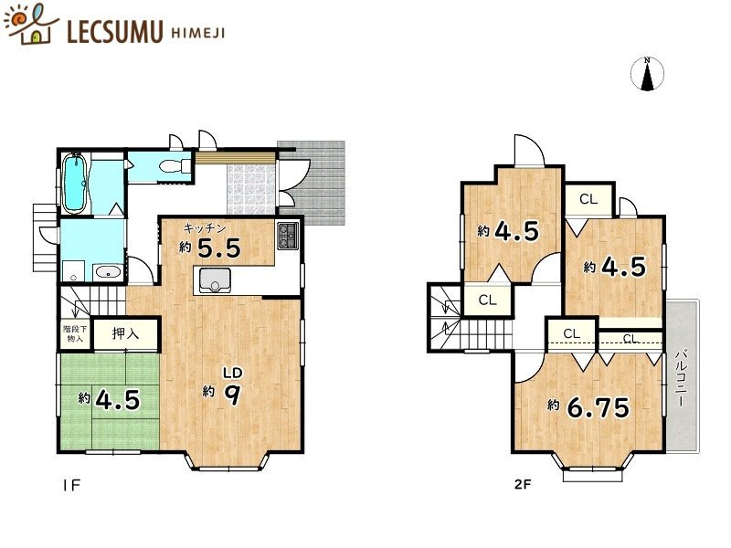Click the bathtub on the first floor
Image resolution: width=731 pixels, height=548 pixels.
pyautogui.click(x=75, y=184)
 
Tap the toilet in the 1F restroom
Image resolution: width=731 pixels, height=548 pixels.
pyautogui.click(x=175, y=166)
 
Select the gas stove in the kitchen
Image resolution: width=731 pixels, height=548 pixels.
pyautogui.click(x=288, y=236)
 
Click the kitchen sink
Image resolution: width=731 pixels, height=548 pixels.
pyautogui.click(x=215, y=280)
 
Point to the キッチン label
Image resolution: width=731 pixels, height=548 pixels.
pyautogui.click(x=205, y=227)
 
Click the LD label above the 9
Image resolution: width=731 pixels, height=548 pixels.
pyautogui.click(x=232, y=373)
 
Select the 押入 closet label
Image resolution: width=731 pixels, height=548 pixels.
pyautogui.click(x=125, y=333)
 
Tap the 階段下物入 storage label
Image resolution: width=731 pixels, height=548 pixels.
pyautogui.click(x=75, y=333)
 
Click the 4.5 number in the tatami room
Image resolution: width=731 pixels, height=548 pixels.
pyautogui.click(x=118, y=399)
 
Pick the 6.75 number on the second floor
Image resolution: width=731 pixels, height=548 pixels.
pyautogui.click(x=599, y=407)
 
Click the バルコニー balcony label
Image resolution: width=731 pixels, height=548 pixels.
pyautogui.click(x=682, y=378)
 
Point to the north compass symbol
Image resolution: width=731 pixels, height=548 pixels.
pyautogui.click(x=647, y=74)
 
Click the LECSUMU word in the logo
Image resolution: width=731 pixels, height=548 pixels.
pyautogui.click(x=115, y=31)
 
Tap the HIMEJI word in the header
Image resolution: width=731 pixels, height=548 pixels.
pyautogui.click(x=198, y=33)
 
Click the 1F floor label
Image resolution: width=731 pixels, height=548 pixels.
pyautogui.click(x=72, y=485)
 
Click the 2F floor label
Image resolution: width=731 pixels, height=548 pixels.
pyautogui.click(x=523, y=484)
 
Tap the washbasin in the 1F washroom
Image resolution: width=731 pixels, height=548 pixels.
pyautogui.click(x=109, y=272)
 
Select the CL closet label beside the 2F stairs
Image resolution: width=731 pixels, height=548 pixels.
pyautogui.click(x=488, y=300)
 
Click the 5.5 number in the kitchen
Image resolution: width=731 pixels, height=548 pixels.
pyautogui.click(x=219, y=248)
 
